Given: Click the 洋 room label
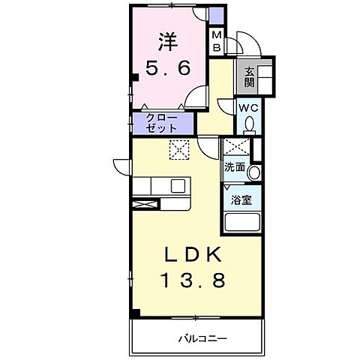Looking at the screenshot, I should [167, 39].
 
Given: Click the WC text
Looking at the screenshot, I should [248, 107].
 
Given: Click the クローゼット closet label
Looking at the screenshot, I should [157, 122].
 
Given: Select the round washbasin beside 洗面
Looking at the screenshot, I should [254, 173].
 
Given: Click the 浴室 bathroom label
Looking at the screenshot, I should [241, 200].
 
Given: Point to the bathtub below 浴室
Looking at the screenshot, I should [241, 222].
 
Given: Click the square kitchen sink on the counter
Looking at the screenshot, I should [178, 185].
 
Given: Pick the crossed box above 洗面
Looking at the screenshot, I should [236, 148].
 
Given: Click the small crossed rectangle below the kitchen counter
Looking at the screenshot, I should [145, 202].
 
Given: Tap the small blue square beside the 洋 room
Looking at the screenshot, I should [216, 16].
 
